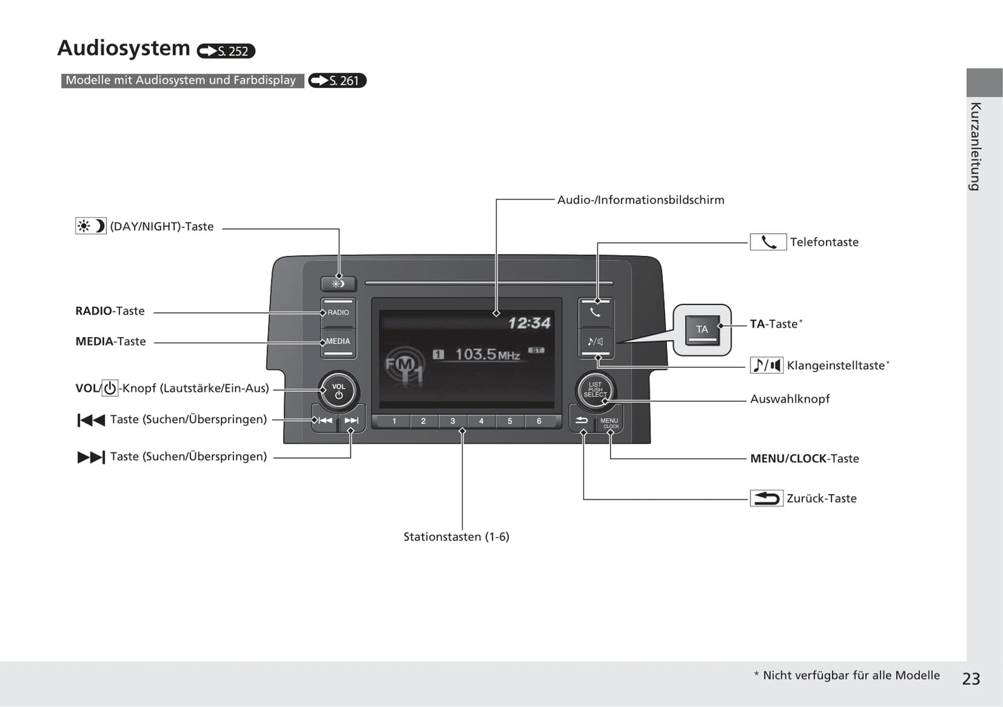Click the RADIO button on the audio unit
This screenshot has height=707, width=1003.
pos(338,312)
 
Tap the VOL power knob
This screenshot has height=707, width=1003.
pos(339,391)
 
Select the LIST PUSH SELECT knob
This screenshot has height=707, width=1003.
pos(596,390)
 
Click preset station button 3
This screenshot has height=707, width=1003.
pos(453,421)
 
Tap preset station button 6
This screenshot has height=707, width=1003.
pos(539,421)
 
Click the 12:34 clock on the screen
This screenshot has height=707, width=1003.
pos(529,323)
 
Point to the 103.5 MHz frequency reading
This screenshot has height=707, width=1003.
pos(487,355)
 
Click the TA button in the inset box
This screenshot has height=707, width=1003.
pos(702,330)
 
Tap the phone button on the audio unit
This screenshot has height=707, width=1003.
pos(596,312)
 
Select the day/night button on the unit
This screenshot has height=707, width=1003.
pos(338,284)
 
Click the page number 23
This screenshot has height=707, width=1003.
pos(971,679)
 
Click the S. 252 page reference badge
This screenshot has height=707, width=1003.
pos(226,51)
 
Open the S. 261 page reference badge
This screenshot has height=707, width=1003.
pos(337,80)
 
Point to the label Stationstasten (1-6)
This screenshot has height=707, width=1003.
pos(456,536)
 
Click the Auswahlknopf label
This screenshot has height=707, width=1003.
pos(790,399)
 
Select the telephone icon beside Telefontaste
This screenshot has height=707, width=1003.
pos(768,242)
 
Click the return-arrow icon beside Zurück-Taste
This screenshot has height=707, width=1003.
pos(766,498)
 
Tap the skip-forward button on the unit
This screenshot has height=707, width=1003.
pos(351,420)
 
